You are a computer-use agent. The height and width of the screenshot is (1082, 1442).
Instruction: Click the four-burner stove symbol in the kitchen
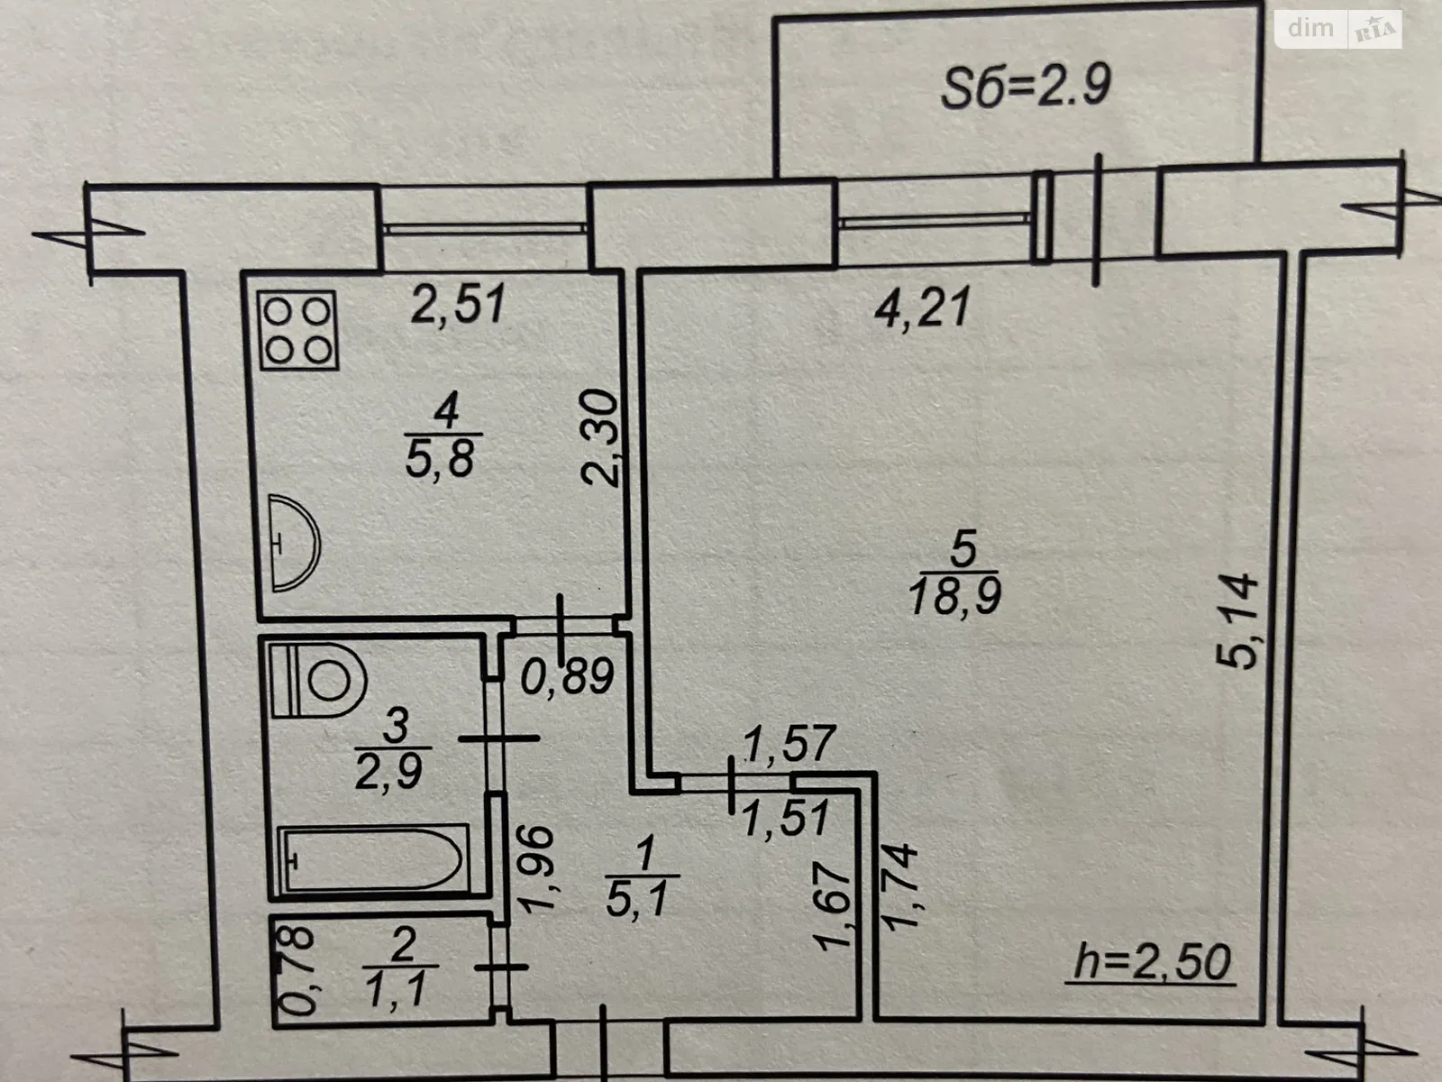pyautogui.click(x=298, y=330)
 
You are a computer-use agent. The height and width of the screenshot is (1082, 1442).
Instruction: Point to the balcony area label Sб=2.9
pyautogui.click(x=1027, y=86)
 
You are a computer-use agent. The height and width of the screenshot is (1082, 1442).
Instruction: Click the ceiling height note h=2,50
pyautogui.click(x=1152, y=963)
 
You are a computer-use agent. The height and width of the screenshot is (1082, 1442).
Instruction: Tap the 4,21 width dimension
pyautogui.click(x=922, y=307)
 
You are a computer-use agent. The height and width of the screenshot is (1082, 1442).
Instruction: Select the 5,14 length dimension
pyautogui.click(x=1237, y=621)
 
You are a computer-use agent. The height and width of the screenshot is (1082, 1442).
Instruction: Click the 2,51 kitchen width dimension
pyautogui.click(x=459, y=303)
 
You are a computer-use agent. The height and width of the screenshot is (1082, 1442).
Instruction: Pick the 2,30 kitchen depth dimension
pyautogui.click(x=600, y=437)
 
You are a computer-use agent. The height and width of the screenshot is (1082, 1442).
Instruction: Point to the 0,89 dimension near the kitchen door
pyautogui.click(x=568, y=676)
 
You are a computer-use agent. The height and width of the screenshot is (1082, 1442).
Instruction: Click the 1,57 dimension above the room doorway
pyautogui.click(x=789, y=744)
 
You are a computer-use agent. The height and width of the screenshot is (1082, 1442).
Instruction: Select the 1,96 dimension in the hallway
pyautogui.click(x=537, y=868)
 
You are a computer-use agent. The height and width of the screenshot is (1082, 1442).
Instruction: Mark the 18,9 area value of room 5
pyautogui.click(x=955, y=595)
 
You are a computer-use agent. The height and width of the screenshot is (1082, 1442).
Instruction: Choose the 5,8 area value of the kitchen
pyautogui.click(x=440, y=458)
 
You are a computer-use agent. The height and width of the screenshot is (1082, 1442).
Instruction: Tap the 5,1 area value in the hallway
pyautogui.click(x=639, y=899)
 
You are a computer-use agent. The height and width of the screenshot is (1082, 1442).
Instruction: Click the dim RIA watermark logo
pyautogui.click(x=1338, y=29)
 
